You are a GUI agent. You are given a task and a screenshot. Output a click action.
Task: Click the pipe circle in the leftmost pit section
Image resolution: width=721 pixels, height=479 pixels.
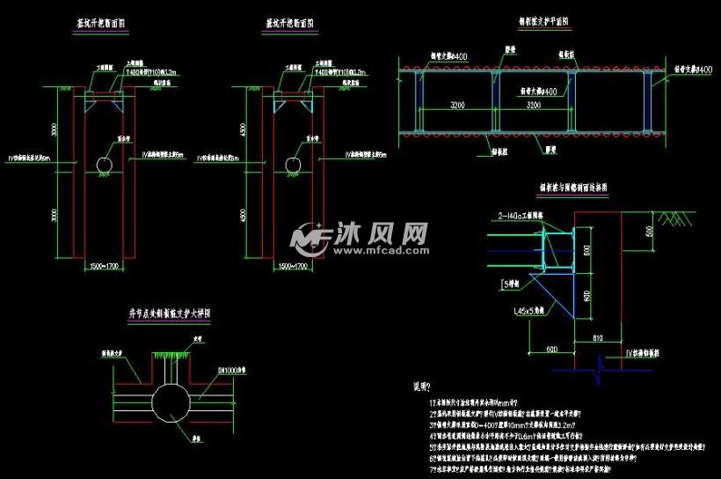105,165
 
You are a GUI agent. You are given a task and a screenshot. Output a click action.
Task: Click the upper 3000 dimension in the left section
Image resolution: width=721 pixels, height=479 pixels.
55,129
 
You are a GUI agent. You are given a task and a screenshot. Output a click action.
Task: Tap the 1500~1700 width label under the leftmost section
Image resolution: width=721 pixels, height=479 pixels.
105,265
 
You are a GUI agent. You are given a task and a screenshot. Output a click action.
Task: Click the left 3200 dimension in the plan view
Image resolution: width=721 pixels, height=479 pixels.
455,104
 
